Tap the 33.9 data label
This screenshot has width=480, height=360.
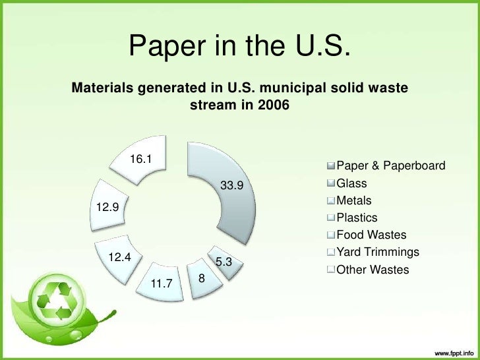point(231,185)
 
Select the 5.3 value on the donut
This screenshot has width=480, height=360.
point(224,262)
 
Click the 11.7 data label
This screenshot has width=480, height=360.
point(162,284)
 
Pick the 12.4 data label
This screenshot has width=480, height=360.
point(120,258)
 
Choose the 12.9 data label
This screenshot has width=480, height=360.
point(107,208)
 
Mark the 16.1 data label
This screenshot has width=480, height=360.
point(140,159)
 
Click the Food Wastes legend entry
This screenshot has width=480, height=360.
point(371,235)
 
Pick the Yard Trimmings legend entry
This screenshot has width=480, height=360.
point(377,252)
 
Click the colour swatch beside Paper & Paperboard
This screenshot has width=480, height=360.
point(331,165)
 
